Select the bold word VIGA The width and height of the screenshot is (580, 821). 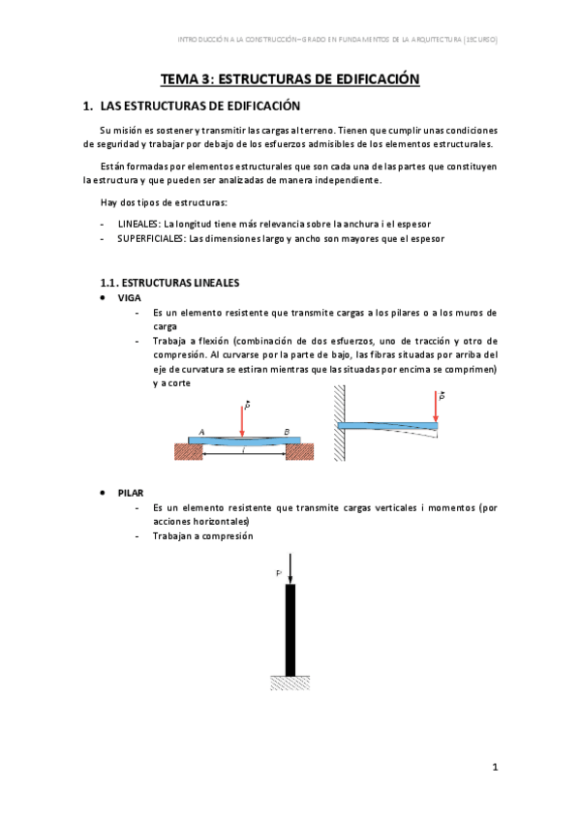click(x=129, y=298)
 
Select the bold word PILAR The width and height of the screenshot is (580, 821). click(x=132, y=493)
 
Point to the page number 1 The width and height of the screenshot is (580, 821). click(x=494, y=768)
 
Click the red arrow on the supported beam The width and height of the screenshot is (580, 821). click(x=241, y=419)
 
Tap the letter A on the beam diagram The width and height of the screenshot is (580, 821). click(x=200, y=432)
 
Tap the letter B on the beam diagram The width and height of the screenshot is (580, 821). click(x=287, y=432)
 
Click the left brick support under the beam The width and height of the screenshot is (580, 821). click(x=185, y=451)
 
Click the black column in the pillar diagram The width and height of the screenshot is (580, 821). click(x=290, y=629)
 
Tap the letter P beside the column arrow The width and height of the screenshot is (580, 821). click(x=279, y=574)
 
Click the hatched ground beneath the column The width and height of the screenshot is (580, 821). click(x=290, y=684)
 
